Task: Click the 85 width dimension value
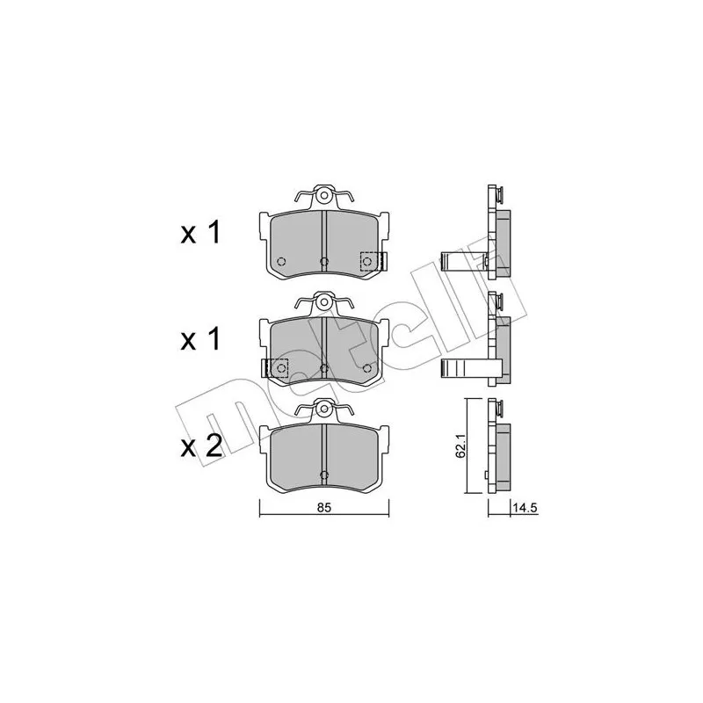pyautogui.click(x=324, y=508)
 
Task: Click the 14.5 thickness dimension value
pyautogui.click(x=525, y=508)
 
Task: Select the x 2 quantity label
pyautogui.click(x=201, y=446)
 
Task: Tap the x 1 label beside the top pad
pyautogui.click(x=200, y=233)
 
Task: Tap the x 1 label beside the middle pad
pyautogui.click(x=200, y=339)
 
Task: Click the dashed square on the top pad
pyautogui.click(x=372, y=261)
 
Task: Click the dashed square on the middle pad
pyautogui.click(x=277, y=368)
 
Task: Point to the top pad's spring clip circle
pyautogui.click(x=323, y=196)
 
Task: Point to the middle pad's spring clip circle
pyautogui.click(x=323, y=302)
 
